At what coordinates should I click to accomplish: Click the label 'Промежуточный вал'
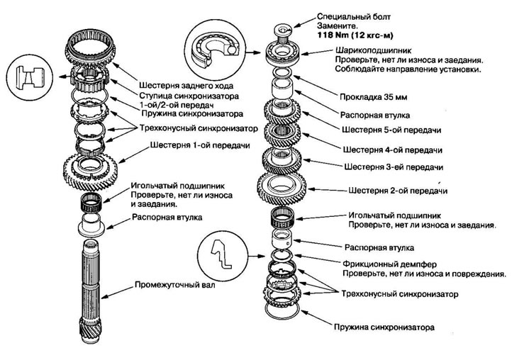pos(176,287)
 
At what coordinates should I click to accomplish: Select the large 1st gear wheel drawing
pos(94,169)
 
